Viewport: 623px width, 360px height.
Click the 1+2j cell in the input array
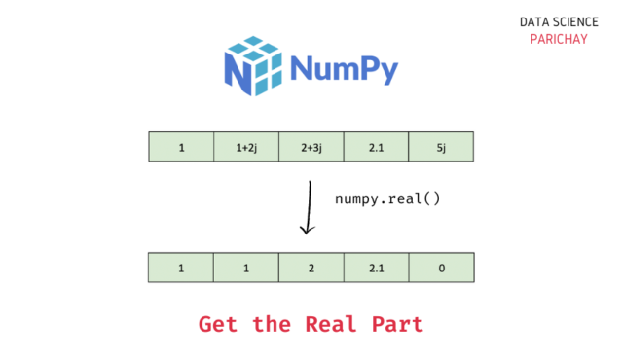click(x=245, y=148)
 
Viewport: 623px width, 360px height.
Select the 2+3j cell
click(x=311, y=148)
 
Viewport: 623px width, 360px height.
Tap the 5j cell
click(x=441, y=148)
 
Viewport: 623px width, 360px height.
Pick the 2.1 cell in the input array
click(x=376, y=148)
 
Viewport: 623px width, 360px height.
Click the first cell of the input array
click(x=181, y=148)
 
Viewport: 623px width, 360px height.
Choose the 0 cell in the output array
click(x=441, y=268)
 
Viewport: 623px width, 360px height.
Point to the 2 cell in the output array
click(x=311, y=268)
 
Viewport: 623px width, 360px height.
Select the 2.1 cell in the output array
click(x=376, y=268)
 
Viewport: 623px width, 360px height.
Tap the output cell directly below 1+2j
click(x=245, y=268)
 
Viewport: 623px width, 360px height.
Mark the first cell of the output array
click(x=181, y=268)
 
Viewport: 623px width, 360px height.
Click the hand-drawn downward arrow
click(x=308, y=207)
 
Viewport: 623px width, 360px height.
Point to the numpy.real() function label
click(x=387, y=198)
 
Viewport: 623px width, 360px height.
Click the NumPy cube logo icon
click(x=254, y=67)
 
